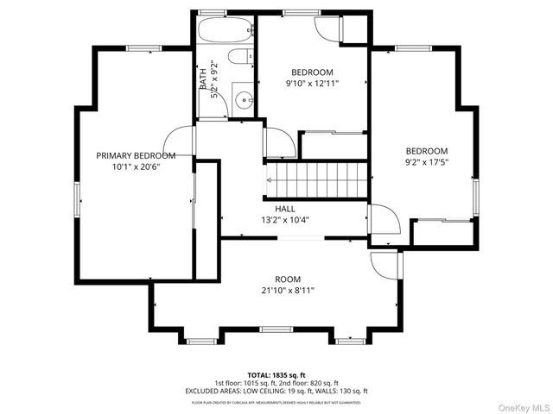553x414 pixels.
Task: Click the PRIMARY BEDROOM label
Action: coord(136,155)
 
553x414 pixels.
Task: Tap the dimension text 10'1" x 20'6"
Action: coord(136,166)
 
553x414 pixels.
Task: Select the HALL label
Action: coord(285,209)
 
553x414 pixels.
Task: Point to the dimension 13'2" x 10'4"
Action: coord(285,220)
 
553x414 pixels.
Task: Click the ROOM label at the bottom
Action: coord(288,279)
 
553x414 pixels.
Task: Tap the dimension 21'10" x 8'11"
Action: coord(288,291)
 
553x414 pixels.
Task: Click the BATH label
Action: coord(204,79)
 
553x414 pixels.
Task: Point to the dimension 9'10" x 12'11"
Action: coord(312,84)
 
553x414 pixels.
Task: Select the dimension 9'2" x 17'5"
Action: coord(427,161)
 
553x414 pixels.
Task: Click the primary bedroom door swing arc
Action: coord(177,138)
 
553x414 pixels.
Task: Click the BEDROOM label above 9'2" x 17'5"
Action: coord(427,150)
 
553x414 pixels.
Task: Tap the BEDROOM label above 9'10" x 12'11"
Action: coord(312,72)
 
